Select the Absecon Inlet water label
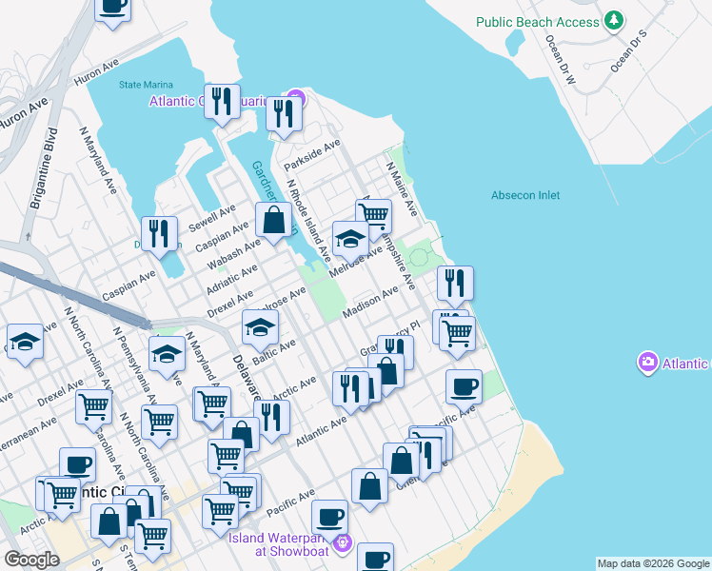(x=525, y=195)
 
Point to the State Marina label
(x=144, y=85)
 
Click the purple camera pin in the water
(x=647, y=363)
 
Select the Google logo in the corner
(x=31, y=560)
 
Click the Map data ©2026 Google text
(x=653, y=563)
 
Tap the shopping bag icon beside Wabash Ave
(x=273, y=221)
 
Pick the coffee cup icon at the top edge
(x=112, y=6)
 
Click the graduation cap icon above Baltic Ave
(x=259, y=328)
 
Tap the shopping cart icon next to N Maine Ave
(x=374, y=216)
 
